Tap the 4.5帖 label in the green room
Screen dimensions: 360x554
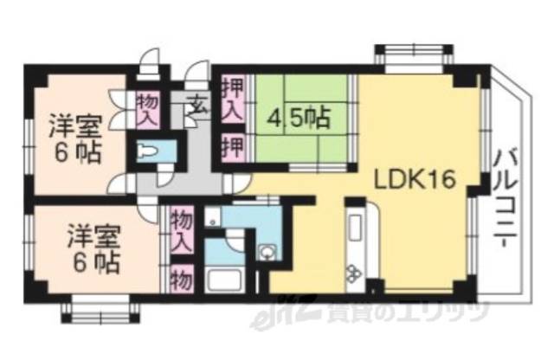300,117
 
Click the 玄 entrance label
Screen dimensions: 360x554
197,108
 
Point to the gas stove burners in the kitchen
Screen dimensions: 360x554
355,275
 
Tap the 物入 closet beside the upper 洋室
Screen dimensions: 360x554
148,109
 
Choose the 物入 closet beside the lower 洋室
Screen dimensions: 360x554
180,230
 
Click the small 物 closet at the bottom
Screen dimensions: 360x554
180,279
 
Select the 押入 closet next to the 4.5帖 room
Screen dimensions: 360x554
231,99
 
